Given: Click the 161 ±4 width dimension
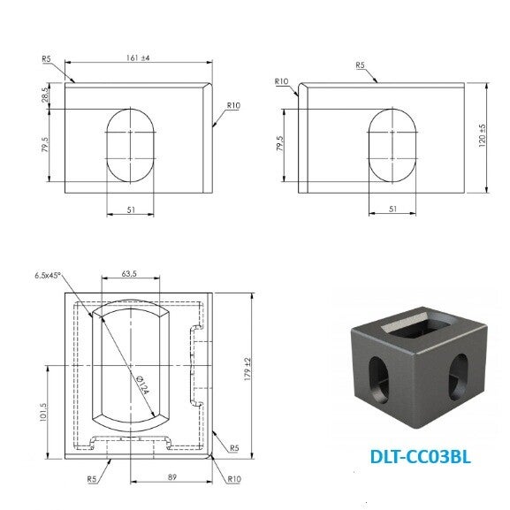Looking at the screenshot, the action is (x=138, y=58).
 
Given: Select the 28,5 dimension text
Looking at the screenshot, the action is (x=46, y=93).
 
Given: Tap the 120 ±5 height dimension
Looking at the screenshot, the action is (x=482, y=135).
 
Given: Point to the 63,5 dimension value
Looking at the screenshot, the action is (x=129, y=274).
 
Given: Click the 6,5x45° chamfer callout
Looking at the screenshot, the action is (x=48, y=276).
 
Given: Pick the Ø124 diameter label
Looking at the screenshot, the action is (x=142, y=384).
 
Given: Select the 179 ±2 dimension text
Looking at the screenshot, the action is (x=247, y=369).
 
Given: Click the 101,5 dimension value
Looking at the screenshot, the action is (x=43, y=413).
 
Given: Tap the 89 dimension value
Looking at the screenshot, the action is (x=172, y=477).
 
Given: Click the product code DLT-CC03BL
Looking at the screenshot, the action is (x=420, y=457).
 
